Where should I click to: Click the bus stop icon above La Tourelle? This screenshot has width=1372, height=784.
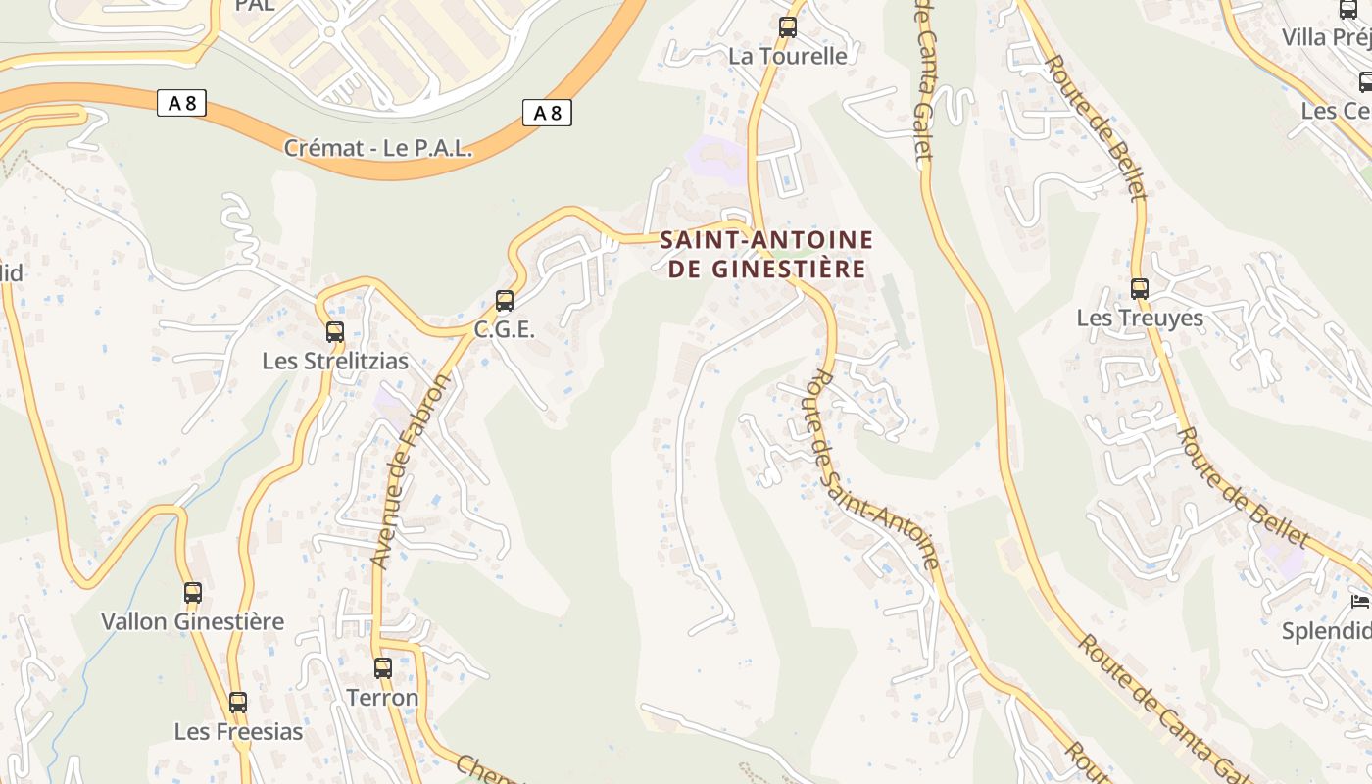point(788,27)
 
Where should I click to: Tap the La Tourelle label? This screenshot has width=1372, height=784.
point(787,56)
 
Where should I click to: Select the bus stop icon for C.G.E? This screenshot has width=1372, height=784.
point(505,301)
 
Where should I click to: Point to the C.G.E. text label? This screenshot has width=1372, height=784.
point(505,330)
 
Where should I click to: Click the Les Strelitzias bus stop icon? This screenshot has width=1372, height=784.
point(335,331)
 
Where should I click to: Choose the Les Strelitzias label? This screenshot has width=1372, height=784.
point(335,361)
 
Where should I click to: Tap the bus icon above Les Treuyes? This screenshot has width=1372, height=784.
point(1140,289)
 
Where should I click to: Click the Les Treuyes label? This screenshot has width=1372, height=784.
point(1140,318)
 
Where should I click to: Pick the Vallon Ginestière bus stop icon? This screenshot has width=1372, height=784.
point(193,592)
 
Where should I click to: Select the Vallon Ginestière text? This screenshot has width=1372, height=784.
point(193,621)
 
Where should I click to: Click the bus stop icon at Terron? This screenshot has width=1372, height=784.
point(383,668)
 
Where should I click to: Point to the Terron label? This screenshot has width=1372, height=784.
point(383,698)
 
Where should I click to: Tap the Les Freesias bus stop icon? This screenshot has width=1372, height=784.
point(238,703)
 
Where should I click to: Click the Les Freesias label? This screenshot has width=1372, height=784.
point(238,732)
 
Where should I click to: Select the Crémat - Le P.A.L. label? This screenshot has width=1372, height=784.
point(378,149)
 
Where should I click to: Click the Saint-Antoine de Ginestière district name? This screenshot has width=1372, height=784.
point(767,254)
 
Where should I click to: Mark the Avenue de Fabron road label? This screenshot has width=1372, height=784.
point(410,471)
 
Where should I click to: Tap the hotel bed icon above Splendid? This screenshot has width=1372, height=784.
point(1359,601)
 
